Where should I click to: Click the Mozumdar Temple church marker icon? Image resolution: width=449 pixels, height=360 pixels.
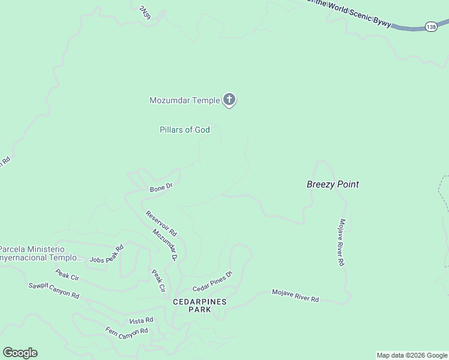[229, 100]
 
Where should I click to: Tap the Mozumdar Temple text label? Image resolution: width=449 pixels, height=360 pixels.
[184, 100]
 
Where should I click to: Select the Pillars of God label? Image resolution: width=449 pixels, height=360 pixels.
[184, 130]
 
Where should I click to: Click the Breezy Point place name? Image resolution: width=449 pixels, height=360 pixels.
[333, 184]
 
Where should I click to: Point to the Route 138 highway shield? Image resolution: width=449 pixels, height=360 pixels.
[431, 27]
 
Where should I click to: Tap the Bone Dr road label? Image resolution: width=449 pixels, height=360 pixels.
[161, 188]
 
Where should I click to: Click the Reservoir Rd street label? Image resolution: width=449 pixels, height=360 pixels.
[161, 221]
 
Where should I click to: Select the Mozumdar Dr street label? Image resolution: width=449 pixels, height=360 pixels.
[165, 245]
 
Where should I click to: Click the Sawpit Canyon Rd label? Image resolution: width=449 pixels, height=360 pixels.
[54, 290]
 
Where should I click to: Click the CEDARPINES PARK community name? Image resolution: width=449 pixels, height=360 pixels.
[200, 305]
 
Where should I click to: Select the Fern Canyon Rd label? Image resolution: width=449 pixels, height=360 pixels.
[127, 332]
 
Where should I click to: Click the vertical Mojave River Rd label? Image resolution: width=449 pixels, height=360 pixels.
[341, 242]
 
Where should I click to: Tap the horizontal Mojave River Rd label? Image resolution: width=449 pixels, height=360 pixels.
[295, 295]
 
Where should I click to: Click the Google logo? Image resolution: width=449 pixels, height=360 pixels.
[20, 353]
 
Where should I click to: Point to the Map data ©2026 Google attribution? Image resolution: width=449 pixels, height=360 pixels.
[412, 355]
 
